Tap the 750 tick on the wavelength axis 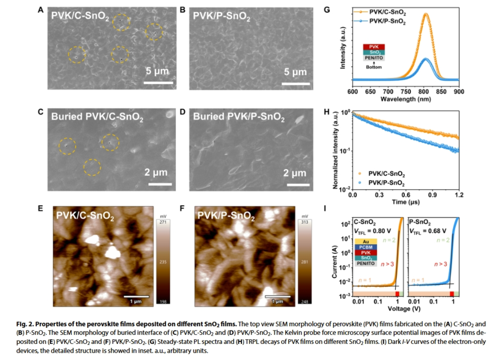coord(406,92)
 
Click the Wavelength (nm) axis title coord(406,99)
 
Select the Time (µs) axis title coord(406,203)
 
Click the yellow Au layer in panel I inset coord(359,241)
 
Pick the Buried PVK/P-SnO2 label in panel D coord(239,118)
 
